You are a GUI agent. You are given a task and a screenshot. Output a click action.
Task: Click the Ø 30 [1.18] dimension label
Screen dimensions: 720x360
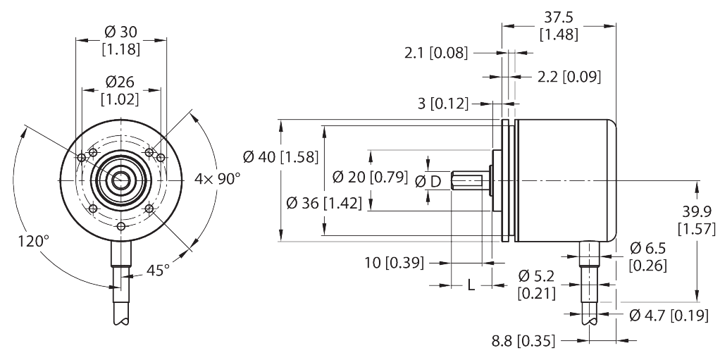[121, 40]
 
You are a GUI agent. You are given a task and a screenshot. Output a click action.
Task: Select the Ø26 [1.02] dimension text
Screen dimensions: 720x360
[120, 90]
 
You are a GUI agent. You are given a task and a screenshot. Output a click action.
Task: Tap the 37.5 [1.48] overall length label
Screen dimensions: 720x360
[559, 25]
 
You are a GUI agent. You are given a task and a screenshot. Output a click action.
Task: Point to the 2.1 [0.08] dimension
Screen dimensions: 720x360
[436, 54]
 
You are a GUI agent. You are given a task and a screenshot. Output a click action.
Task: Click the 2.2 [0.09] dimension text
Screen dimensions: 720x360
[569, 77]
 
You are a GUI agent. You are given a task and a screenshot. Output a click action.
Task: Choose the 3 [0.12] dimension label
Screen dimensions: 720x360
[443, 104]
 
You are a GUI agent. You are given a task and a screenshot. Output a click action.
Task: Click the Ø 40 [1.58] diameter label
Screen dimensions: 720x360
[280, 157]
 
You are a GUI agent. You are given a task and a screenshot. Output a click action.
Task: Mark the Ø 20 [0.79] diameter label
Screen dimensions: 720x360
[370, 177]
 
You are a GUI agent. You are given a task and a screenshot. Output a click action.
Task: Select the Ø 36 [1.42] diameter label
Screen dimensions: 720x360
[324, 202]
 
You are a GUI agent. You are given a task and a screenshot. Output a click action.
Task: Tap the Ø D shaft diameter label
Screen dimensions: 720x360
[428, 182]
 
